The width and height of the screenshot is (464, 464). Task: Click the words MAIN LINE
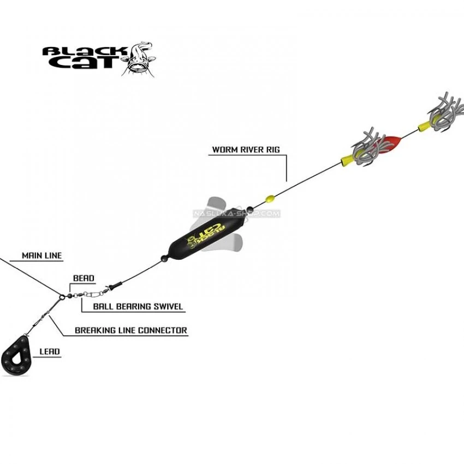(x=41, y=255)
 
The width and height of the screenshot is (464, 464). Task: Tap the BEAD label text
(x=84, y=278)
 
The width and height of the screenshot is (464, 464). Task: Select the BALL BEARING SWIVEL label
(x=138, y=306)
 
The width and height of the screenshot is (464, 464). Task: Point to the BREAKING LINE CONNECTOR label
(x=131, y=330)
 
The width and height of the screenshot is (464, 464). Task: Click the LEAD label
(x=50, y=352)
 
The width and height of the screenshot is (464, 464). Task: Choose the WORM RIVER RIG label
(x=246, y=150)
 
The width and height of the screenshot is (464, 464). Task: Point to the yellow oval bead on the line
(x=270, y=198)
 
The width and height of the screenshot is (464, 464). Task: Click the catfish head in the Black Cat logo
(x=139, y=60)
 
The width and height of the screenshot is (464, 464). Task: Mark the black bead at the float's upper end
(x=249, y=209)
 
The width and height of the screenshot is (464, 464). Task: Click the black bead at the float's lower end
(x=164, y=259)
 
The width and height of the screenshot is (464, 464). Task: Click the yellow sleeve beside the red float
(x=348, y=160)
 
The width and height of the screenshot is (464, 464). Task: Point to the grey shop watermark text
(x=236, y=213)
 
